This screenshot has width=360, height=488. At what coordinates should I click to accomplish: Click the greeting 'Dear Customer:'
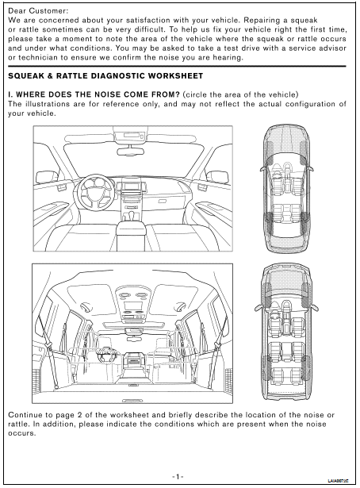tap(37, 11)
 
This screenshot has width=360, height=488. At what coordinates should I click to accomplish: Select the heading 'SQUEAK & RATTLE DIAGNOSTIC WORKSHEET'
tap(105, 76)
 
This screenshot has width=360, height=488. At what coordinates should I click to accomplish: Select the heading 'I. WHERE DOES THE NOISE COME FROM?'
tap(94, 94)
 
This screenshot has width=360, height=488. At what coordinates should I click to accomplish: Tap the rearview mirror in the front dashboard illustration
tap(131, 152)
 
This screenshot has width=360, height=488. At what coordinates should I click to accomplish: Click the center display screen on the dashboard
tap(131, 186)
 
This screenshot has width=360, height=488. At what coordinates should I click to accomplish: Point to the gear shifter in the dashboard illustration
tap(132, 214)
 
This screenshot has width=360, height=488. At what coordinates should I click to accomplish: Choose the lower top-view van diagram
tap(286, 333)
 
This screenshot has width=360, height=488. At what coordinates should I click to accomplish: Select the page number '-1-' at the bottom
tap(178, 476)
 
